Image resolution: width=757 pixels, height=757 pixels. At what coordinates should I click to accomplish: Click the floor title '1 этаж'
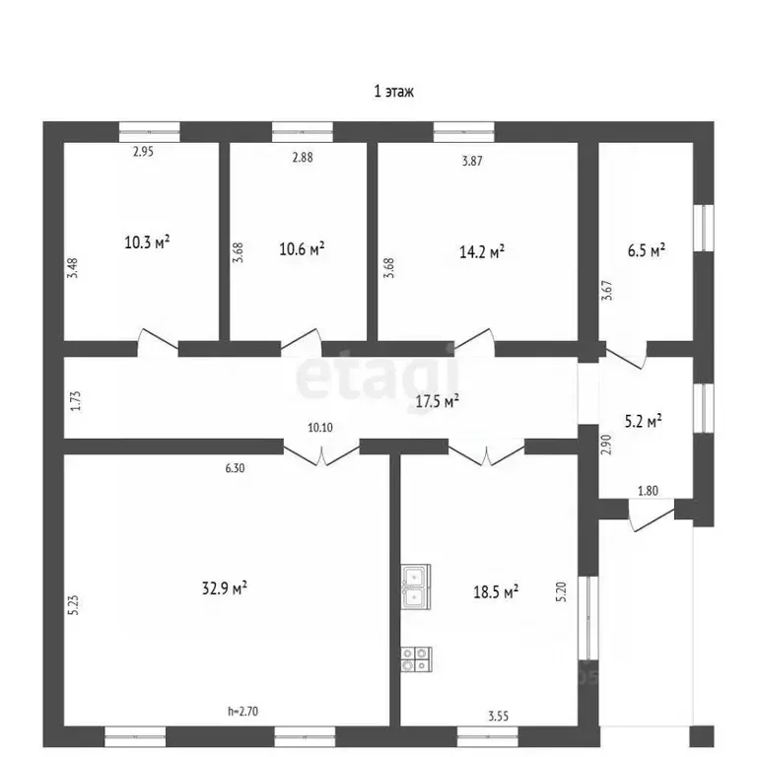tap(393, 92)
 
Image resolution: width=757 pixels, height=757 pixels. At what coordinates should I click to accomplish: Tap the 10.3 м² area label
tap(147, 241)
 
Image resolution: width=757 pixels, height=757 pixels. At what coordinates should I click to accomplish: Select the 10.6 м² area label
tap(302, 249)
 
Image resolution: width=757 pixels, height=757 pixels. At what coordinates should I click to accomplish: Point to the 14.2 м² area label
tap(482, 251)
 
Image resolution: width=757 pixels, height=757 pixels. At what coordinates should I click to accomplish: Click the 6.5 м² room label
tap(647, 250)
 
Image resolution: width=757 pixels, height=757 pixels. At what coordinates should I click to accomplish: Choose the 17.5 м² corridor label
tap(438, 401)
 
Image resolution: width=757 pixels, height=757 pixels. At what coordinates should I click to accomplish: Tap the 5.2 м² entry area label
tap(643, 421)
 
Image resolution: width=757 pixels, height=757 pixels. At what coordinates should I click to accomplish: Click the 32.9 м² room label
tap(225, 588)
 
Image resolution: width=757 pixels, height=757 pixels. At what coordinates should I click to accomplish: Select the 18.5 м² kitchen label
tap(496, 591)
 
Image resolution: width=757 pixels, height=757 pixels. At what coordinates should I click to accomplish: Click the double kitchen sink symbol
tap(416, 587)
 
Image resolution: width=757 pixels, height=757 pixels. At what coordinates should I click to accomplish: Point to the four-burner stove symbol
tap(416, 659)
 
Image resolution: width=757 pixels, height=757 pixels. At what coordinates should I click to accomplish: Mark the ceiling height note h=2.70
tap(242, 711)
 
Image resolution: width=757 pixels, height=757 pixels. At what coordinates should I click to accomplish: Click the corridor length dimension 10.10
tap(320, 427)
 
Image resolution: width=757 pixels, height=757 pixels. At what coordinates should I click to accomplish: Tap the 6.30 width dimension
tap(236, 468)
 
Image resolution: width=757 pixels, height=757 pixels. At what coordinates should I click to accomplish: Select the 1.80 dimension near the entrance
tap(648, 491)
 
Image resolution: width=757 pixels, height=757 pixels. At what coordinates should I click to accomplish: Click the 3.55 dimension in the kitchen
tap(498, 716)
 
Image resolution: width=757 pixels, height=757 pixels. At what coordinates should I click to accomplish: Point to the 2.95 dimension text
tap(143, 152)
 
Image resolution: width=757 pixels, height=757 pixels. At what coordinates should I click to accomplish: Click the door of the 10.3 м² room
tap(158, 342)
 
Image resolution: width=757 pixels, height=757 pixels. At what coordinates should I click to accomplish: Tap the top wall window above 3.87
tap(464, 132)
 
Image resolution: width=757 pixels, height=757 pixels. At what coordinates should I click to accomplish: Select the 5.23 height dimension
tap(73, 605)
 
